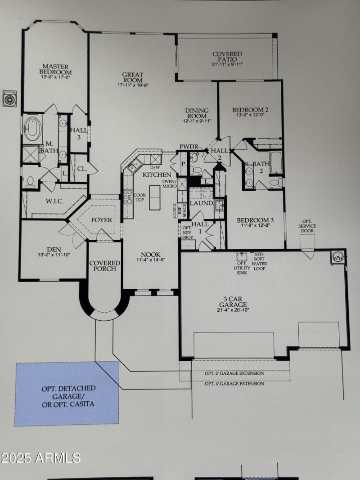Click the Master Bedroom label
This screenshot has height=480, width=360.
55,69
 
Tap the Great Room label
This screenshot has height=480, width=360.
133,77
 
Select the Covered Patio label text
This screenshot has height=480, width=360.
227,57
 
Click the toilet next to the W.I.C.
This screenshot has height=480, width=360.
31,181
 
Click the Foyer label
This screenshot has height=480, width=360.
101,220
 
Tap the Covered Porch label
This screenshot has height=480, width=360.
105,265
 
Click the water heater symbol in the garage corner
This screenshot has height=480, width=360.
337,257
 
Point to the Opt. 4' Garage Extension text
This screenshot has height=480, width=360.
234,384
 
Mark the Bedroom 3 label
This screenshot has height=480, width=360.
255,220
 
